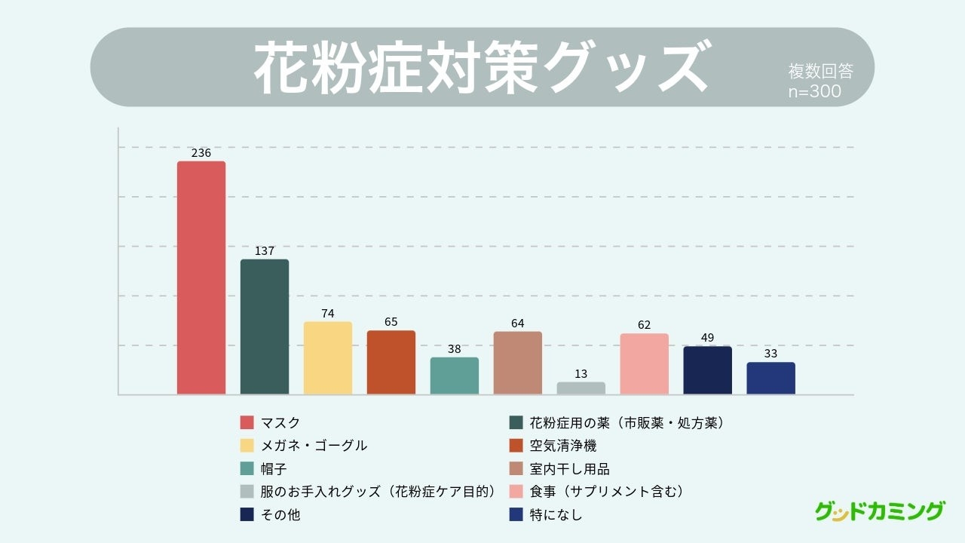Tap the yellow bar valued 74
coord(328,357)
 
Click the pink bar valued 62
coord(645,364)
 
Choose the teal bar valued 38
coord(455,376)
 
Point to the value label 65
coord(391,322)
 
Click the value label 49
coord(707,338)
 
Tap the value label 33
coord(770,354)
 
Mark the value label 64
coord(517,324)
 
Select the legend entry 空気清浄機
coord(563,446)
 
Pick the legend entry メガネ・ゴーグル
coord(314,446)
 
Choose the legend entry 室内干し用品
coord(569,469)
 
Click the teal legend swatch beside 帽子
coord(247,469)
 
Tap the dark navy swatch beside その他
coord(247,515)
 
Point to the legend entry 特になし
coord(556,515)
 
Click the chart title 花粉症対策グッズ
coord(482,67)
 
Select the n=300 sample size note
coord(815,91)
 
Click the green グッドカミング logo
coord(879,511)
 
